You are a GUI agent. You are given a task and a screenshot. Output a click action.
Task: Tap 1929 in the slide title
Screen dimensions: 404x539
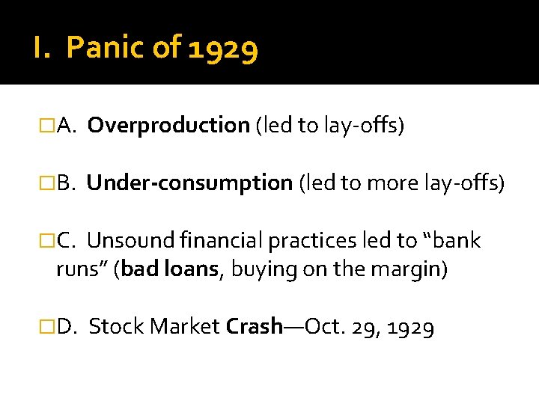pos(224,49)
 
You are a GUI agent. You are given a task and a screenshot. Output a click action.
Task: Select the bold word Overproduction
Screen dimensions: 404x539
pos(168,126)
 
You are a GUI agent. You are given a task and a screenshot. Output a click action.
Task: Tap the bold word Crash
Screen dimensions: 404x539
pos(255,327)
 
